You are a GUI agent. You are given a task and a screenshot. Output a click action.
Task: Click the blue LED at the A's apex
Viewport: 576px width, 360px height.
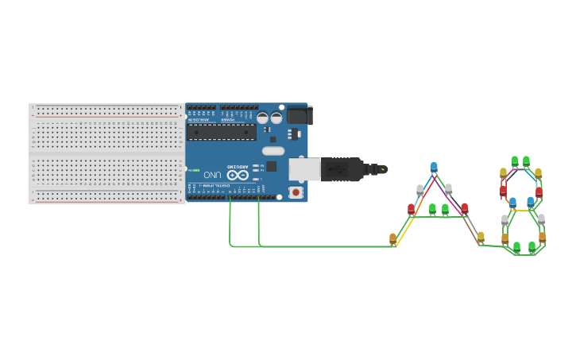click(434, 167)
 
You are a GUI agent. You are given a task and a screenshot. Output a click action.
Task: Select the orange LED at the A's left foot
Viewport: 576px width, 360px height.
click(392, 238)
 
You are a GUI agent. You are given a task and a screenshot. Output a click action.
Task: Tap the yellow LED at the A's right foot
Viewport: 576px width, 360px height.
click(481, 237)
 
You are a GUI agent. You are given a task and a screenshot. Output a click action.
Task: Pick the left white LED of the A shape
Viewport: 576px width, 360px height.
click(419, 189)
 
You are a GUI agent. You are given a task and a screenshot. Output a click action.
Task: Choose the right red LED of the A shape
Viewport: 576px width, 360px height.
click(465, 208)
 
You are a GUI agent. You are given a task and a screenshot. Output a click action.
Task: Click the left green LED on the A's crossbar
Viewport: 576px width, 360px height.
click(432, 209)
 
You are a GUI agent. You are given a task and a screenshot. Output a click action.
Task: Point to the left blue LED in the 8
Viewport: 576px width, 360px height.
click(512, 202)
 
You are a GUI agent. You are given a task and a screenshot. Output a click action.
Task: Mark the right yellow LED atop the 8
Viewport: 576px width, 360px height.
click(538, 172)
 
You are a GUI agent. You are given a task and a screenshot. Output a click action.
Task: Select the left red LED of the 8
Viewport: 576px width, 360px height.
click(503, 190)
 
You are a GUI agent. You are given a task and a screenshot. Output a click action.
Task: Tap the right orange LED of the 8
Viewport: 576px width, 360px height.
click(543, 237)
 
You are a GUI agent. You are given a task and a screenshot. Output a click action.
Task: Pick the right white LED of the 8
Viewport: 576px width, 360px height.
click(542, 219)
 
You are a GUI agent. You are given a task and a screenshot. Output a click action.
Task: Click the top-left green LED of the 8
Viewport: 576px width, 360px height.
click(515, 161)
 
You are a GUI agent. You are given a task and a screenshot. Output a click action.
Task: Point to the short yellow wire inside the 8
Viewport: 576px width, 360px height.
click(521, 210)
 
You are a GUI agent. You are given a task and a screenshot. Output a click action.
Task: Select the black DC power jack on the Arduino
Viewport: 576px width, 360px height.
click(299, 115)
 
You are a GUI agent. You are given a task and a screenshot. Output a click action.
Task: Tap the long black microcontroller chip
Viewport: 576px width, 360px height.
click(222, 132)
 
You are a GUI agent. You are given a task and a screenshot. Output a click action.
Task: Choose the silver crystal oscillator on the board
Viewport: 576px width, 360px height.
click(273, 151)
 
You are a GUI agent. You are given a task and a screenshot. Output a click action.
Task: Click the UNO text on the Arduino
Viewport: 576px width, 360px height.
click(212, 175)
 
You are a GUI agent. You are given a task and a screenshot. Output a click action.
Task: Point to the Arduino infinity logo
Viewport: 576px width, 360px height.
click(238, 175)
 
